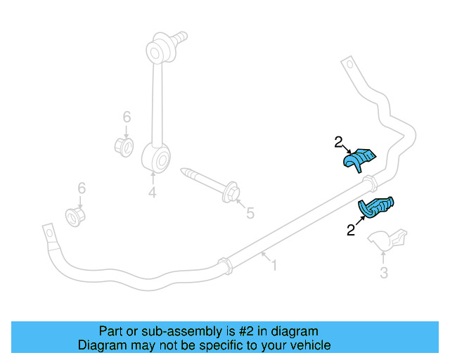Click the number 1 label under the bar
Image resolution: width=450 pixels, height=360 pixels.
(274, 266)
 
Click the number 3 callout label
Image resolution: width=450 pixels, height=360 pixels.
(384, 272)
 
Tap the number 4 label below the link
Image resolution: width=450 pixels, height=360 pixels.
(152, 191)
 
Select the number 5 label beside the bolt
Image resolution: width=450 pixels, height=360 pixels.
(250, 212)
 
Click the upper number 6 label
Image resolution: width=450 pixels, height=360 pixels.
(127, 117)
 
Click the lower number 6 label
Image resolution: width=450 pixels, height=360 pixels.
(82, 188)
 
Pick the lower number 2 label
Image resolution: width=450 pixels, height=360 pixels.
(349, 230)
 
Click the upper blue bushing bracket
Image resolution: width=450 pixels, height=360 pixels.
(360, 159)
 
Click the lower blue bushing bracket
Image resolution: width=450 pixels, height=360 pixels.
(378, 208)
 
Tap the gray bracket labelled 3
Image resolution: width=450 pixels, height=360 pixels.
(390, 240)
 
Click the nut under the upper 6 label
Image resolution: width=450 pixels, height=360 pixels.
(124, 148)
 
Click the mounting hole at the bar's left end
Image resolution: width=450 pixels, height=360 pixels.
(49, 232)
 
